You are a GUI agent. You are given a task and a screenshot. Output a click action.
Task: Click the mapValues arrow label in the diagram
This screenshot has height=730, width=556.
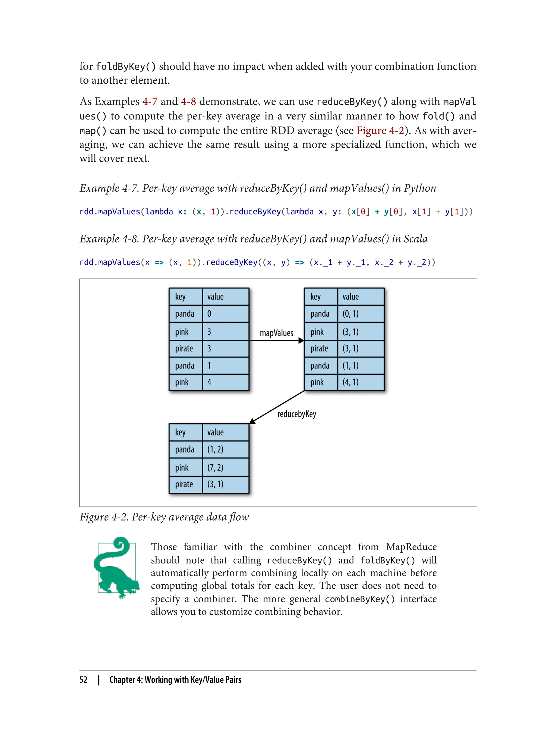(276, 333)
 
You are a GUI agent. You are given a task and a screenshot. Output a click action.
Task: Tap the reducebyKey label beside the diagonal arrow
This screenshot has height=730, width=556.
(296, 414)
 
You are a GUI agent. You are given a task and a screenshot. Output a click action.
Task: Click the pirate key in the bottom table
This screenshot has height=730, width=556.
(184, 484)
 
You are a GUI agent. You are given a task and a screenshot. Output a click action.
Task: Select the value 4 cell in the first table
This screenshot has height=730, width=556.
(225, 382)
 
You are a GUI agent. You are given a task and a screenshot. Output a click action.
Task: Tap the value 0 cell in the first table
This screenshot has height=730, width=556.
(225, 313)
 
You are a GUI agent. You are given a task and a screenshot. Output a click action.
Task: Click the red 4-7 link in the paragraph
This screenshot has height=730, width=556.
(150, 101)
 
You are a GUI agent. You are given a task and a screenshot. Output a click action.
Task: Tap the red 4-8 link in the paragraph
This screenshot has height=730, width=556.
(188, 101)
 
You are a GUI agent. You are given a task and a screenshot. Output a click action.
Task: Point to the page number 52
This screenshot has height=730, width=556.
(83, 680)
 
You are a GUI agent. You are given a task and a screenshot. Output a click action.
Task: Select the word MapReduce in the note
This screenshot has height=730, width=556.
(411, 547)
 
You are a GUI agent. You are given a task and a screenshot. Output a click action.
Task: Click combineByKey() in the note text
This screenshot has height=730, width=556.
(360, 599)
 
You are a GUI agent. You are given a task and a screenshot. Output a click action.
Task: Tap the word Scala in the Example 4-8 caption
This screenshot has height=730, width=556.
(415, 239)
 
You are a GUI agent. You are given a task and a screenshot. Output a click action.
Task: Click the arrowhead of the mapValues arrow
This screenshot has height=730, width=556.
(301, 341)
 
